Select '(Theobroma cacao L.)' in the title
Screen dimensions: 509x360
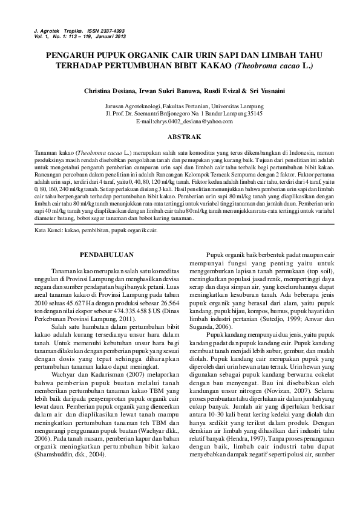click(x=273, y=64)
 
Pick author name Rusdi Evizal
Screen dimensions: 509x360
click(x=222, y=91)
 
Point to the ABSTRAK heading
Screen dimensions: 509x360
click(x=180, y=138)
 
